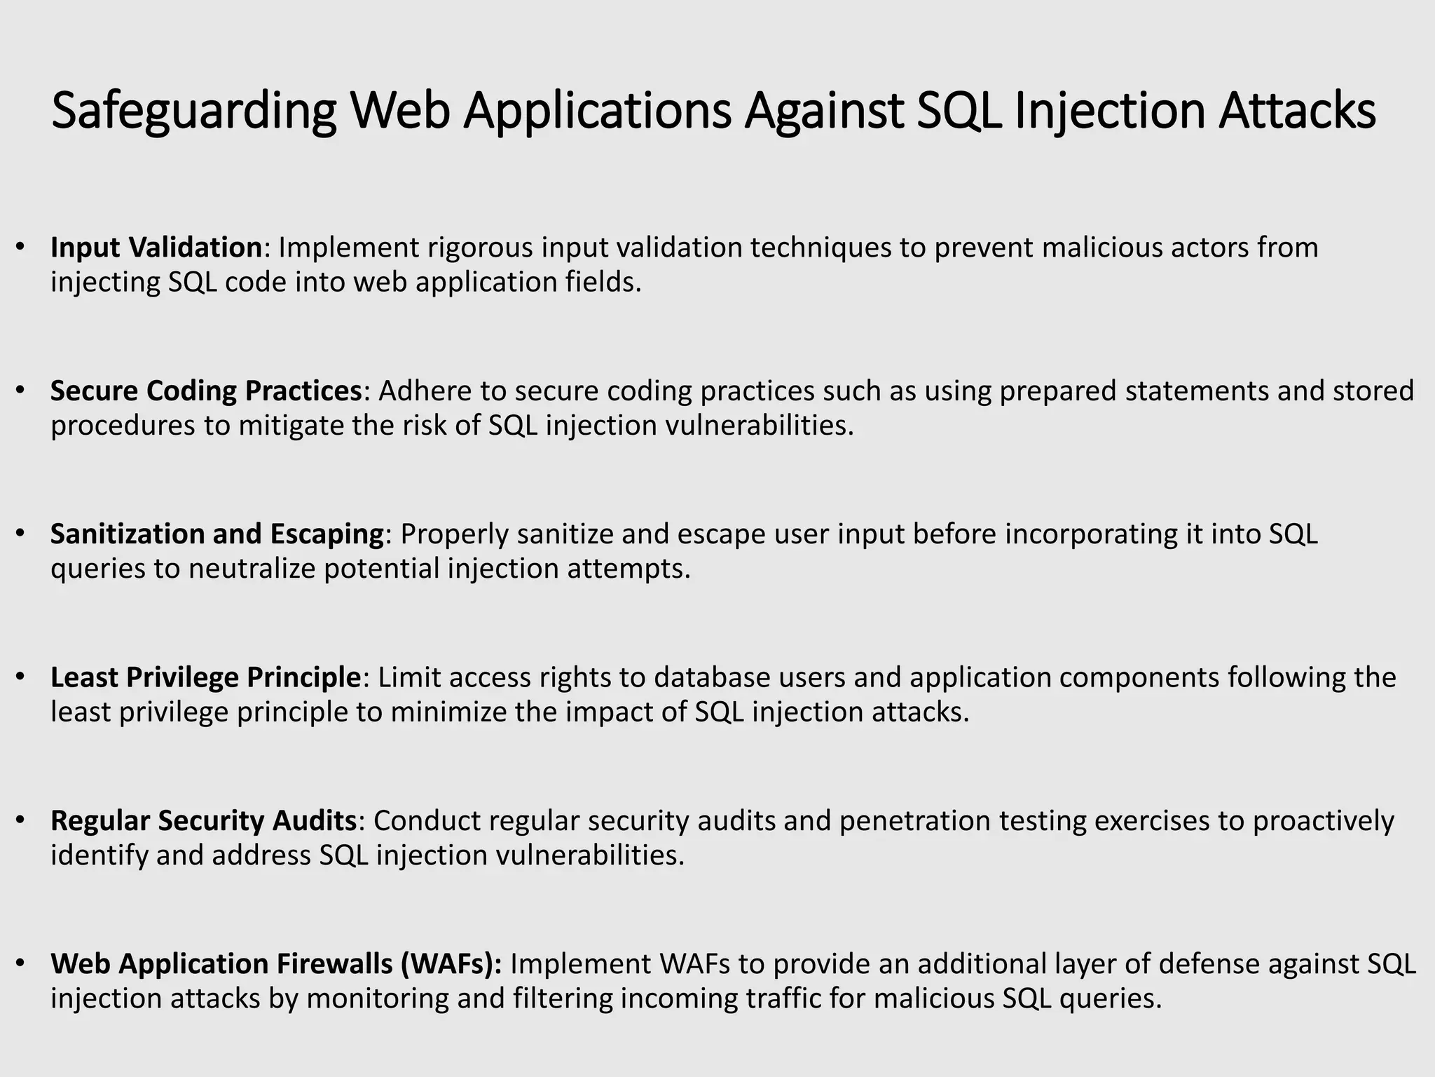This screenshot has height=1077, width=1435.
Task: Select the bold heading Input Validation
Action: [156, 248]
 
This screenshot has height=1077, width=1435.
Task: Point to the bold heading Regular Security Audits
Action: [204, 820]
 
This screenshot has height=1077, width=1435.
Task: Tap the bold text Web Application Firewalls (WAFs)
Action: [276, 964]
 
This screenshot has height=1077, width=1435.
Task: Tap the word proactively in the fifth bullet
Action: [1324, 822]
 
